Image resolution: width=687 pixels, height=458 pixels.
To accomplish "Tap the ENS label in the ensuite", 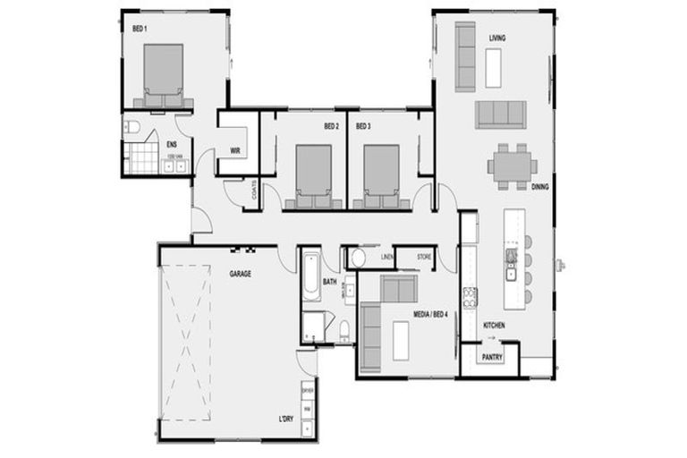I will tap(171, 144).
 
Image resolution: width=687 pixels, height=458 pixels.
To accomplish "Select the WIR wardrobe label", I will tap(235, 150).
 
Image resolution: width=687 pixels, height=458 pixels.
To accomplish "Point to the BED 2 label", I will tap(331, 126).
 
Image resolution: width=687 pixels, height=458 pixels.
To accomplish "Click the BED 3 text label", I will tap(363, 126).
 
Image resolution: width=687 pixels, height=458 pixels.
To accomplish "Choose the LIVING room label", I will tap(497, 38).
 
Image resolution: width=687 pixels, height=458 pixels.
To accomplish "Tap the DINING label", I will tap(539, 187).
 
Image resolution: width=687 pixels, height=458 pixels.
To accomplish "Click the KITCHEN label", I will tap(495, 325).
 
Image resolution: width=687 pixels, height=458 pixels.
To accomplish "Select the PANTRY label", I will tap(492, 358).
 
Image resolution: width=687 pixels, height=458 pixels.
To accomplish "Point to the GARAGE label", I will tap(240, 273).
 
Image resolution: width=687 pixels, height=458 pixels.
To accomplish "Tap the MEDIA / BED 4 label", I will tap(429, 314).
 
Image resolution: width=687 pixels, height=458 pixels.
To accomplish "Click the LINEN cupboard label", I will tap(386, 258).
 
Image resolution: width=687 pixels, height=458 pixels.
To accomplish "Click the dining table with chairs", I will tap(512, 165).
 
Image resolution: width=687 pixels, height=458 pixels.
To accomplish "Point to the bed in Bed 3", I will tap(381, 174).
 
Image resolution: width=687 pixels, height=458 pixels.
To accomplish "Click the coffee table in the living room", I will tap(493, 67).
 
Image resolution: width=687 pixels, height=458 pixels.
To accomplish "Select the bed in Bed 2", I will tap(313, 174).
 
